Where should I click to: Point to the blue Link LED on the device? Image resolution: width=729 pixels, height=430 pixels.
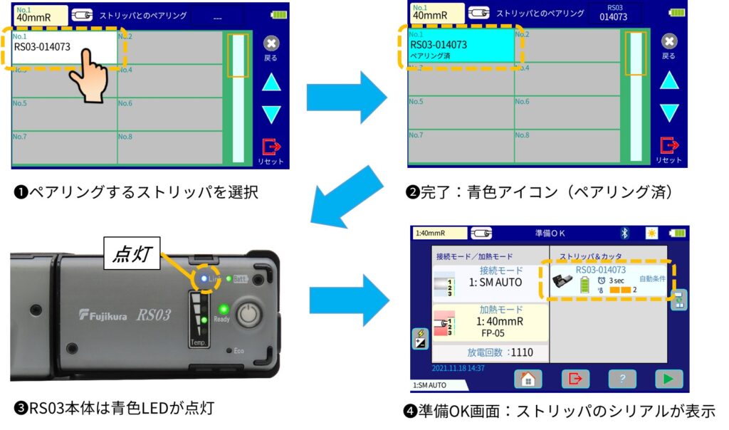point(204,278)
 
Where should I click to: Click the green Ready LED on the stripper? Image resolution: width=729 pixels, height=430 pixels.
point(223,309)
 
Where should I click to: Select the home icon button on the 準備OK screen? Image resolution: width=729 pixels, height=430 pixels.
point(528,379)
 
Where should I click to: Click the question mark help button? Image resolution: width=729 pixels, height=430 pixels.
point(622,379)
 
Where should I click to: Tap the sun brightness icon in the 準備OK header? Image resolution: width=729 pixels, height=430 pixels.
point(651,234)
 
